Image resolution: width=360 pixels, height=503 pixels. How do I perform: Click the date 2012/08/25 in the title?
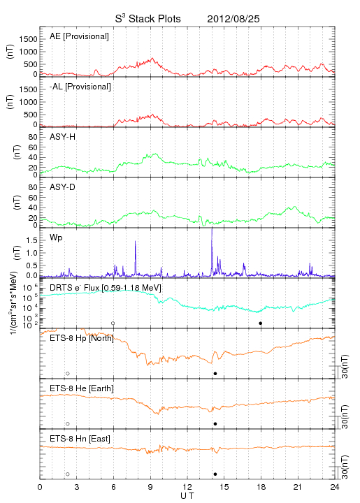[x=233, y=19]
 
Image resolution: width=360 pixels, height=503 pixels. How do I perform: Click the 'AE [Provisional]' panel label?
[x=79, y=36]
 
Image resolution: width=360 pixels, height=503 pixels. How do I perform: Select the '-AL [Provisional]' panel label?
[x=80, y=87]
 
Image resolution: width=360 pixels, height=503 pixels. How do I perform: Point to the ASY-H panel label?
[x=63, y=137]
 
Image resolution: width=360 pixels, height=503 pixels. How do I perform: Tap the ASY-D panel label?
[x=63, y=187]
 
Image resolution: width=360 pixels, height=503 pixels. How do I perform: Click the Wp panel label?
[x=56, y=238]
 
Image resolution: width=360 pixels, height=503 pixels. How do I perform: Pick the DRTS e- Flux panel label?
[x=106, y=288]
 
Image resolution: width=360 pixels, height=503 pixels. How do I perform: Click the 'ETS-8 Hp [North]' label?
[x=82, y=338]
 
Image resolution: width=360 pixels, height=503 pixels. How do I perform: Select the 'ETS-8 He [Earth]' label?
[x=82, y=388]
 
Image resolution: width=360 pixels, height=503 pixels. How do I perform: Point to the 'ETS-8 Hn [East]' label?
[x=80, y=439]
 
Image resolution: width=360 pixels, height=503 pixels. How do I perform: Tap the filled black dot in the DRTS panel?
[x=261, y=323]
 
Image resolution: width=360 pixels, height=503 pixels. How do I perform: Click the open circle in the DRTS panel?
[x=113, y=323]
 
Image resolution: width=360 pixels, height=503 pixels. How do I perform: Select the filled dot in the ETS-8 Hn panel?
[x=215, y=474]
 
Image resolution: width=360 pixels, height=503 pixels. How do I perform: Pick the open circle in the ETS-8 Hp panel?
[x=68, y=374]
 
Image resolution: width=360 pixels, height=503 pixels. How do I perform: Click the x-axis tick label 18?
[x=261, y=487]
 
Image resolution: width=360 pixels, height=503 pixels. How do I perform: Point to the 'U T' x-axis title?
[x=187, y=496]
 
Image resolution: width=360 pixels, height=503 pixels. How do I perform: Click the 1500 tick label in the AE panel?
[x=28, y=39]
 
